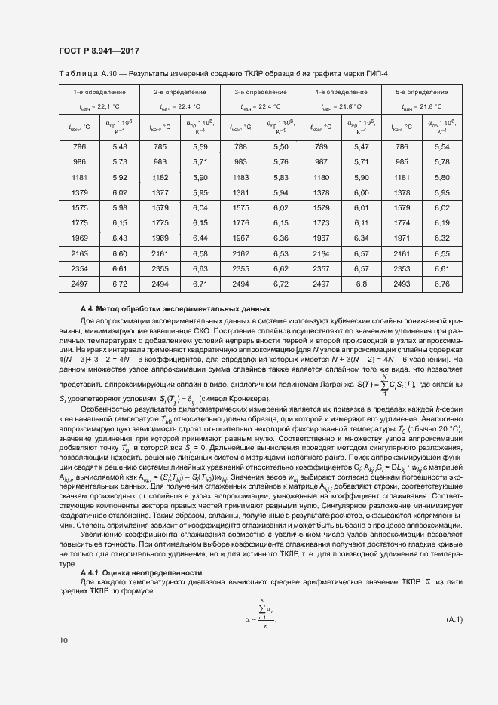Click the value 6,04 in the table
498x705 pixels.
[200, 208]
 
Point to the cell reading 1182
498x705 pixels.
[160, 178]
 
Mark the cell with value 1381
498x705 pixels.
[240, 193]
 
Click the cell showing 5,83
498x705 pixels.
[281, 178]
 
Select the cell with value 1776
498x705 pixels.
[240, 223]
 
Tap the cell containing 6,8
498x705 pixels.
[361, 284]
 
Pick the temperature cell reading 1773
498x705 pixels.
[321, 223]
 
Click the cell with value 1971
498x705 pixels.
[402, 238]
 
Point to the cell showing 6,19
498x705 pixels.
[442, 223]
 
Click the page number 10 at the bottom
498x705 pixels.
[63, 640]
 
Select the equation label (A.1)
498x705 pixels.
[454, 620]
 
